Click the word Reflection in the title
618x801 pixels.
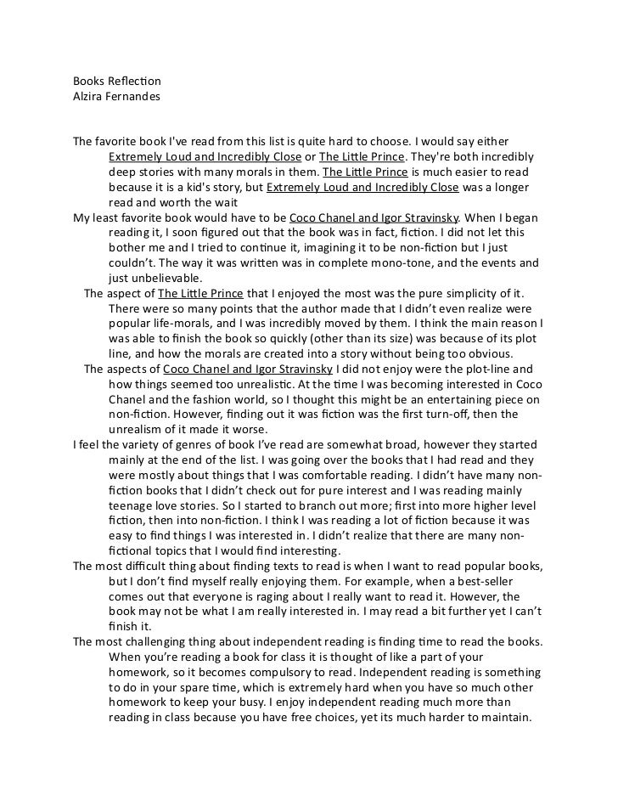pyautogui.click(x=135, y=81)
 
